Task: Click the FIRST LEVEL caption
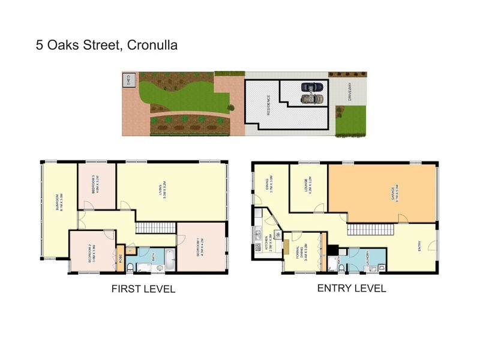[143, 289]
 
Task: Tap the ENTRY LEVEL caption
[351, 289]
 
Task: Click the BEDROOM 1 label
[202, 248]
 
